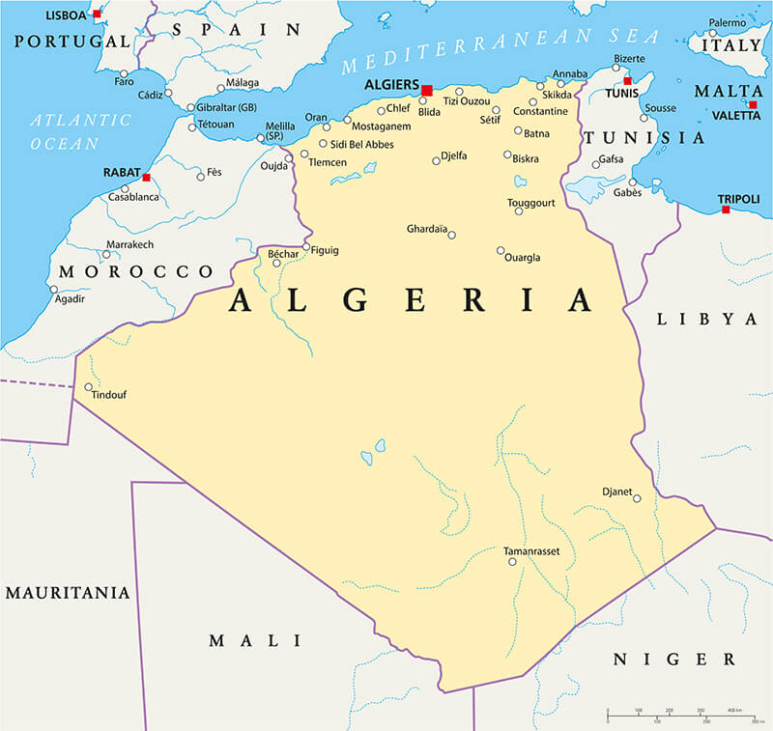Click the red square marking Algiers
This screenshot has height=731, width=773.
click(x=427, y=90)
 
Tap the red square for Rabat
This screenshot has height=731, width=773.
click(x=146, y=178)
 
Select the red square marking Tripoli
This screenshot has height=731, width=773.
click(x=725, y=209)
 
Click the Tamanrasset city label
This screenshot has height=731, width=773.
click(x=531, y=551)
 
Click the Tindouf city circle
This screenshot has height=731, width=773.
click(x=89, y=387)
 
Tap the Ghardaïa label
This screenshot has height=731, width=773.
click(x=426, y=229)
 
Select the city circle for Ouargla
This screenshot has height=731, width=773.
click(x=501, y=250)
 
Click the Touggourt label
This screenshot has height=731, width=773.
click(x=532, y=203)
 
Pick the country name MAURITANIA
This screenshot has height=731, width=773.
click(x=67, y=592)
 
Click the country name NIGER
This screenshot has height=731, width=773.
click(x=673, y=660)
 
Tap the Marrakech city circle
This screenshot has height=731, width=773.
click(x=107, y=255)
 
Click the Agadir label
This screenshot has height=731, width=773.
click(x=71, y=298)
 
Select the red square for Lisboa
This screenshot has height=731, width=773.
click(x=97, y=14)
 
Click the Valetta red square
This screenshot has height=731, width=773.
click(x=753, y=104)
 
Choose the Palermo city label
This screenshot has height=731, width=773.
click(x=727, y=22)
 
